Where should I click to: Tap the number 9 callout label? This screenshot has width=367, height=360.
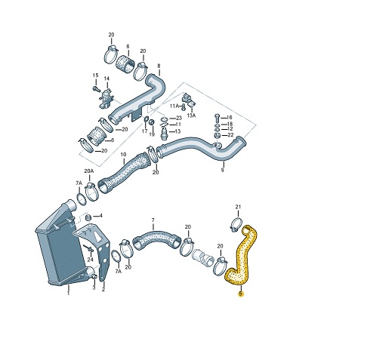click(x=223, y=171)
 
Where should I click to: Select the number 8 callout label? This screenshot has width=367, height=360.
click(x=159, y=66)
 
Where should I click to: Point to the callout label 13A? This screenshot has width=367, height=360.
click(x=192, y=115)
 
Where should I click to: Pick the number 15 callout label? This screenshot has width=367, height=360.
click(x=96, y=75)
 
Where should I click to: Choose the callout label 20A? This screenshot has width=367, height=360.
click(x=88, y=171)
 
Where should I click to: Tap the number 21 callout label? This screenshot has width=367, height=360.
click(x=237, y=207)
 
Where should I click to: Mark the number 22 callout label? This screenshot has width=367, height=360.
click(x=230, y=134)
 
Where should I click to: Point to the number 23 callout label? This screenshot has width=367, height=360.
click(x=178, y=118)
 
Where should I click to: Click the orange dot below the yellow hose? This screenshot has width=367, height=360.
click(x=240, y=294)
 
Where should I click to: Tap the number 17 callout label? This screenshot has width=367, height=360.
click(x=144, y=131)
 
